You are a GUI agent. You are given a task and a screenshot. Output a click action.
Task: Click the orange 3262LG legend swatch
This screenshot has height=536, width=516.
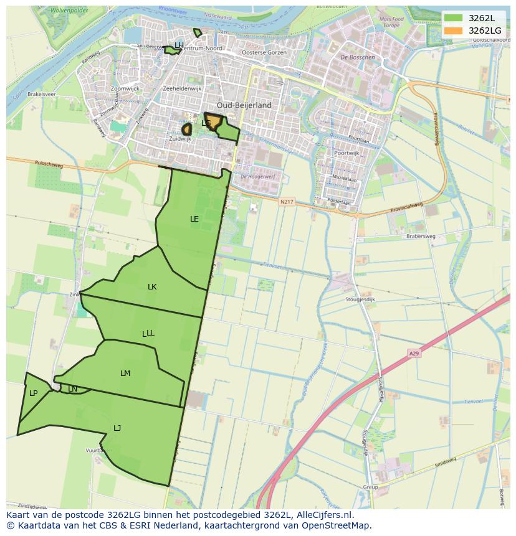click(454, 31)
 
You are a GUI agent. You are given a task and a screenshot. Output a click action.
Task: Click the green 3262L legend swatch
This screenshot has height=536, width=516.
click(454, 18)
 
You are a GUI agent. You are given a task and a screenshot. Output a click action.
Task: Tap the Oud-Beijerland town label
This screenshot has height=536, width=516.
click(244, 105)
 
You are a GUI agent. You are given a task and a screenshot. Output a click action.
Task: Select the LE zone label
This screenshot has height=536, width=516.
click(194, 219)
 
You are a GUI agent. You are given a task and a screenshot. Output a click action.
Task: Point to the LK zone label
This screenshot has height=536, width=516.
click(152, 287)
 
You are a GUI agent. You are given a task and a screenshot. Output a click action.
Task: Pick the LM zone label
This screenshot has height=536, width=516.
click(125, 374)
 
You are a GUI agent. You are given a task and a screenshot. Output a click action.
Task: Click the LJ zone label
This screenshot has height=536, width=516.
click(117, 428)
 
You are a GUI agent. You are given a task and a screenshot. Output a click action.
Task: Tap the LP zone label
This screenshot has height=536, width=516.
click(33, 393)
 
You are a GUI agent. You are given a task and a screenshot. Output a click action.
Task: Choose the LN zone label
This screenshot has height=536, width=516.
click(72, 389)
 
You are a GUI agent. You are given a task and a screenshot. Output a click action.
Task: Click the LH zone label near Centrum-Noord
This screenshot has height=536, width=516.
click(179, 45)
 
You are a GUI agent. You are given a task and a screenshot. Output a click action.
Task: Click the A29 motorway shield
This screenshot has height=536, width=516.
click(414, 354)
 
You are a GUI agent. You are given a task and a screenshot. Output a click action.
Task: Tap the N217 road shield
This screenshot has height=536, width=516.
click(286, 202)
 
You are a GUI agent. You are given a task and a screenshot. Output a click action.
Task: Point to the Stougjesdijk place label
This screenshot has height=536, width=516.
click(360, 299)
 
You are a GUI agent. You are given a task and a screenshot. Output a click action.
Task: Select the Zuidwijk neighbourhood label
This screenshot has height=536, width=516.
click(180, 139)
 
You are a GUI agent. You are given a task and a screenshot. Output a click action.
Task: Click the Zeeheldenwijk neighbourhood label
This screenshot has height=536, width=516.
click(182, 89)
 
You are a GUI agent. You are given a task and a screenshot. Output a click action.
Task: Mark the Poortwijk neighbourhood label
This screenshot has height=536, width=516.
click(346, 153)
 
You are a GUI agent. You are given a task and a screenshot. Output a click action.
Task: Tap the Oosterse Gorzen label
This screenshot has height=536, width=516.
click(264, 53)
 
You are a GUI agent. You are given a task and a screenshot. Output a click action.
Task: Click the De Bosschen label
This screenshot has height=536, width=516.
click(358, 57)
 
